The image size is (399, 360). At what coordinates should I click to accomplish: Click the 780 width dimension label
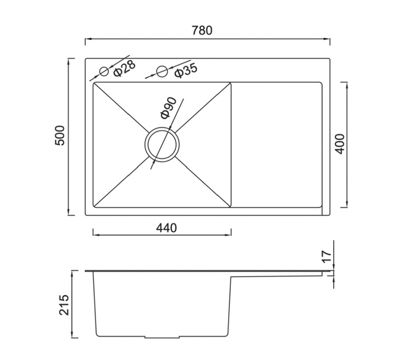pyautogui.click(x=202, y=30)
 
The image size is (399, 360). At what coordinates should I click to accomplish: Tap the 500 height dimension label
pyautogui.click(x=60, y=135)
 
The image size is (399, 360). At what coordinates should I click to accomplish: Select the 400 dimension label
pyautogui.click(x=340, y=144)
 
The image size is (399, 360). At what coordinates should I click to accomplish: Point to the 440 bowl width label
pyautogui.click(x=166, y=228)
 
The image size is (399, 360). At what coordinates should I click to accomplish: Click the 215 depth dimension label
pyautogui.click(x=64, y=305)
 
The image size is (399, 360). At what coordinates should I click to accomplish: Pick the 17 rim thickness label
pyautogui.click(x=327, y=257)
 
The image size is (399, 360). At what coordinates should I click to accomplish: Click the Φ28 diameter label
pyautogui.click(x=125, y=68)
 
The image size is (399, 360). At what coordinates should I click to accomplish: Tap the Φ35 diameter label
pyautogui.click(x=186, y=70)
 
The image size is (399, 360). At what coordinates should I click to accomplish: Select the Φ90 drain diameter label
pyautogui.click(x=169, y=108)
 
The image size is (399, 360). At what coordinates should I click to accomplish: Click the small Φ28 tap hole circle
pyautogui.click(x=104, y=71)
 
